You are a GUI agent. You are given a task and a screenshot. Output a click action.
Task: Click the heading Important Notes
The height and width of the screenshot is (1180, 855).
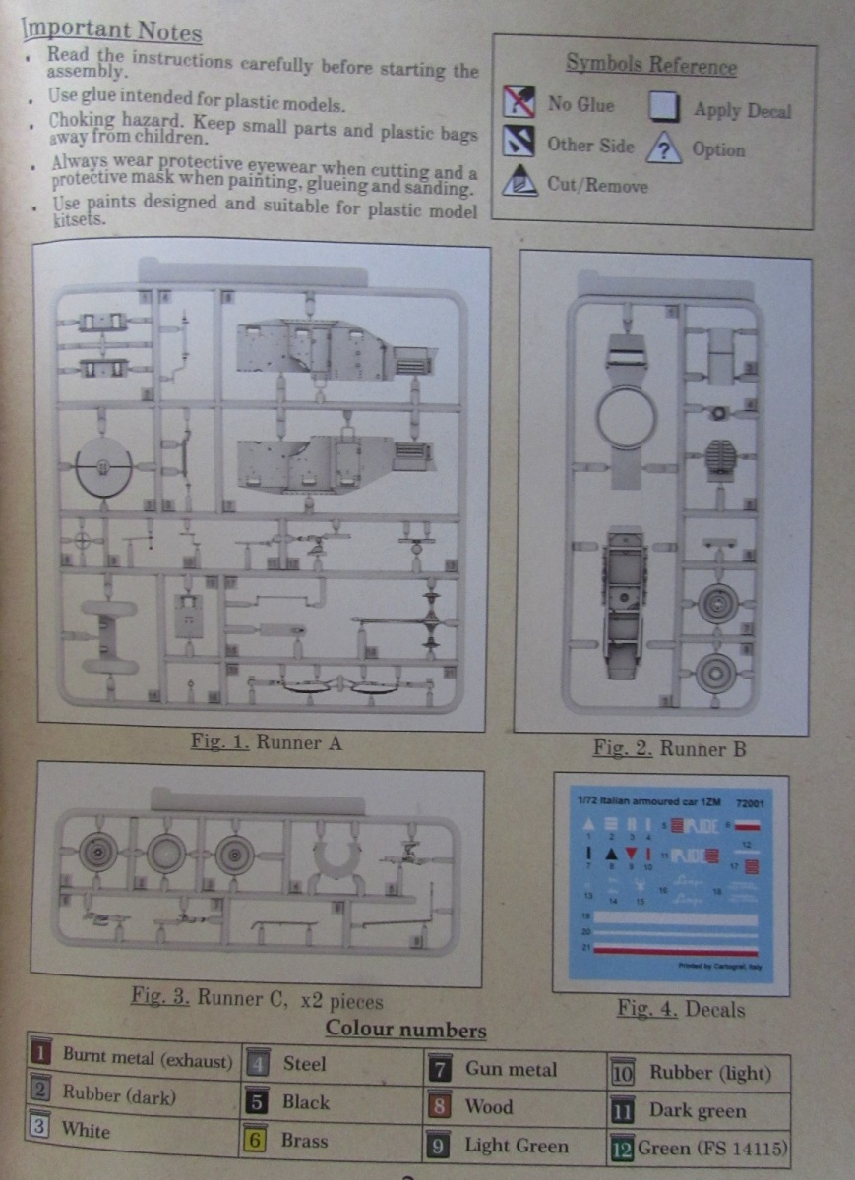tap(111, 29)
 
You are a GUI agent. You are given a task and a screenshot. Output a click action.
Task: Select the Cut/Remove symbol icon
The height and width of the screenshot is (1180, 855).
tap(519, 183)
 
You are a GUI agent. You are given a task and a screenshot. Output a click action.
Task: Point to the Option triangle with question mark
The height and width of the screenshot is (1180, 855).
tap(666, 148)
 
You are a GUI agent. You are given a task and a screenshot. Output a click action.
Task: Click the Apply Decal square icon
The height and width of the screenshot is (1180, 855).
tap(665, 107)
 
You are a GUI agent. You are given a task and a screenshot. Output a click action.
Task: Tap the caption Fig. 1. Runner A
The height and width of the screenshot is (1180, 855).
tap(267, 743)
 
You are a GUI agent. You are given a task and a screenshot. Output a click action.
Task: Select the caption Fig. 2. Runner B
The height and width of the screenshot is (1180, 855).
tap(669, 749)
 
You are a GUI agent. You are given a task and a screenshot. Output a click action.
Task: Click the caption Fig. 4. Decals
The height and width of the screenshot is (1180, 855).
tap(681, 1008)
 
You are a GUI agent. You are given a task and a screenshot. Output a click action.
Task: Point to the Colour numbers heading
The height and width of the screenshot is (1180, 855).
tap(405, 1030)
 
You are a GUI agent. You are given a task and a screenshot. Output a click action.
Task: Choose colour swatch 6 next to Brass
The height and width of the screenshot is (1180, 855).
tap(255, 1140)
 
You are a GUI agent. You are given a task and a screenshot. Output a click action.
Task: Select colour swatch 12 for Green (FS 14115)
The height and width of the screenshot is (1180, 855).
tap(621, 1149)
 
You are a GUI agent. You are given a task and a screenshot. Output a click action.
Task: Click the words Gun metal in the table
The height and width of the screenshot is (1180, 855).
tap(511, 1069)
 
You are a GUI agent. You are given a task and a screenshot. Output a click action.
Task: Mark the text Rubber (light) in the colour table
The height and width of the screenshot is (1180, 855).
tap(709, 1073)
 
